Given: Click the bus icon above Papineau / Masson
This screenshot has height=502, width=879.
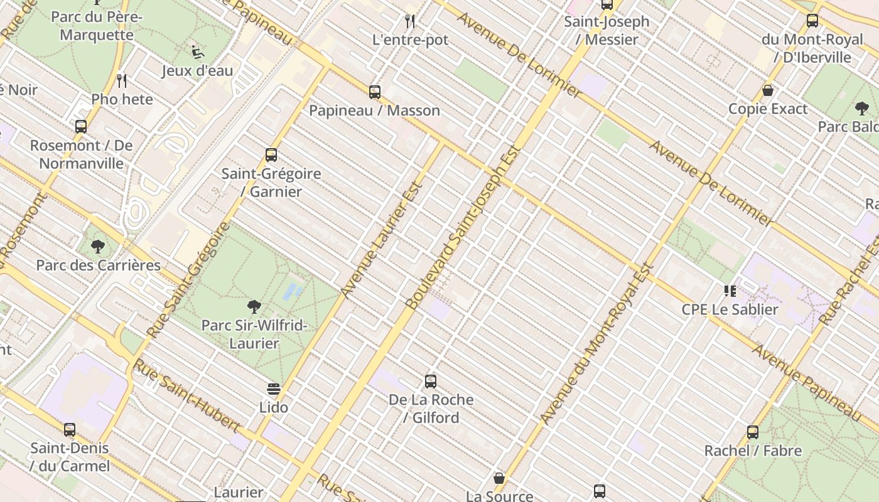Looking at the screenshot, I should coord(375,92).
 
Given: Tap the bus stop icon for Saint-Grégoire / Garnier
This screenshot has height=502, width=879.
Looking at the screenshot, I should coord(271,155).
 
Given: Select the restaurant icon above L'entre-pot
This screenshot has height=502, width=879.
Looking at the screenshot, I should coord(410,22).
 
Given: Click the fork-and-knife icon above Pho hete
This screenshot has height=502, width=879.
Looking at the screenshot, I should coord(122,81).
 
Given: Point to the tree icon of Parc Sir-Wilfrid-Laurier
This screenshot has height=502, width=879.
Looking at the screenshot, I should coord(254,307).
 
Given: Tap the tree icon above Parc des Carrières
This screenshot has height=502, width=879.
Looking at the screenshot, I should coord(98,247).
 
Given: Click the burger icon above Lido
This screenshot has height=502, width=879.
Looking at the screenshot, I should coord(274,389).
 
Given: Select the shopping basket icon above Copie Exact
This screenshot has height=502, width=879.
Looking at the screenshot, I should coord(768,91).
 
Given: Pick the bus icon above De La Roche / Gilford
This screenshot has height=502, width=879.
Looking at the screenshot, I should coord(431,381).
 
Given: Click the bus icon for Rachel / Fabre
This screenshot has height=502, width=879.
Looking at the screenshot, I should coord(753,432).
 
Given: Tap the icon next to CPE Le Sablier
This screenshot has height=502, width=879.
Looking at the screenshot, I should coord(730,291).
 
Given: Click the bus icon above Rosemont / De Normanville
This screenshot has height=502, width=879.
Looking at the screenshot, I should coord(81,127).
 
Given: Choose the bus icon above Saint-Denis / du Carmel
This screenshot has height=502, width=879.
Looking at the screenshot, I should coord(70,430).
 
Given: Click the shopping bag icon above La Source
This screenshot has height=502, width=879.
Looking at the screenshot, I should coord(499,479).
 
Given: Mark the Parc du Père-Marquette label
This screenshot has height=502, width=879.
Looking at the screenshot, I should coord(97,26).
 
